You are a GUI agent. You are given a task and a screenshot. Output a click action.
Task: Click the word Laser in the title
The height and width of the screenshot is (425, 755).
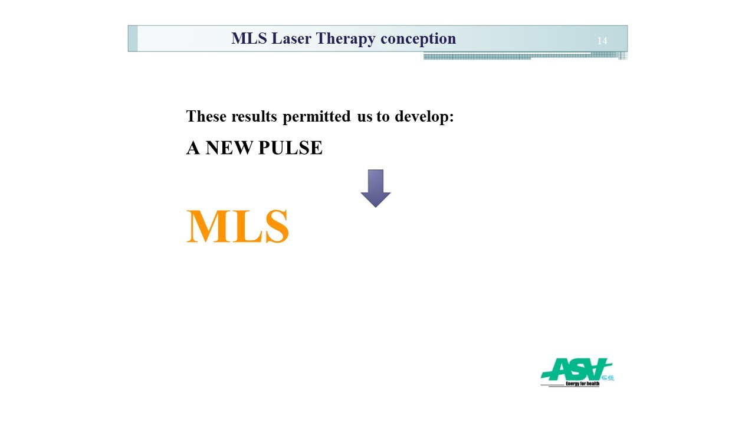pos(291,38)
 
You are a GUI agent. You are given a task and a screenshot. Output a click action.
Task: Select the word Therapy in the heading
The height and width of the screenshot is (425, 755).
pos(346,39)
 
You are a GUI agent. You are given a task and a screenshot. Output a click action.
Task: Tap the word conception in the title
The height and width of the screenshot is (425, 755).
pos(418,39)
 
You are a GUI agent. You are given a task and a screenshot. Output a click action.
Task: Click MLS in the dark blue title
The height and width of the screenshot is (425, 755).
pos(249,38)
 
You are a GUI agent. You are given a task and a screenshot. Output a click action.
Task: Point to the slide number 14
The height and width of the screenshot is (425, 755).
pos(602,41)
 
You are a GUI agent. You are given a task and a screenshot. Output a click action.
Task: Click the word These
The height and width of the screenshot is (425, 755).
pos(206,116)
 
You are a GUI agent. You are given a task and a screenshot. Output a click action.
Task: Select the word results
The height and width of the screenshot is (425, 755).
pos(254,116)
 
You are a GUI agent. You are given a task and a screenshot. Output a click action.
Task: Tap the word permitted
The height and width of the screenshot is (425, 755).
pos(317,117)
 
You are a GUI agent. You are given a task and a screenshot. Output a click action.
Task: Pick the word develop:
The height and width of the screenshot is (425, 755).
pos(424,117)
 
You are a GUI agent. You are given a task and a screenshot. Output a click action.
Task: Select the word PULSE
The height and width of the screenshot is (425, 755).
pos(290,148)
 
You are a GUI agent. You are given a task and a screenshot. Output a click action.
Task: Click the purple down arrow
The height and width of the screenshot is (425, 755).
pos(376,188)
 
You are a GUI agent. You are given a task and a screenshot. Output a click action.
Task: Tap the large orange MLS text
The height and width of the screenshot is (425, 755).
pos(238,226)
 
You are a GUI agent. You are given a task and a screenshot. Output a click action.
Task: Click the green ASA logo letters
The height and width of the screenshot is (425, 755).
pos(576,369)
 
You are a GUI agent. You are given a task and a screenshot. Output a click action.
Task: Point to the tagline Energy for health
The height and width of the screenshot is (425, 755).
pos(582,384)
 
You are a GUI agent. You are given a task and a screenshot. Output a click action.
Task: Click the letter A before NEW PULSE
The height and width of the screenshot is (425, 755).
pos(193,148)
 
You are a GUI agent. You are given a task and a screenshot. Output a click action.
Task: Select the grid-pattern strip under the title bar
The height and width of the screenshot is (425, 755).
pos(525,55)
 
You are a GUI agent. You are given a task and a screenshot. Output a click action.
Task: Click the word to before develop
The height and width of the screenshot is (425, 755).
pos(383,117)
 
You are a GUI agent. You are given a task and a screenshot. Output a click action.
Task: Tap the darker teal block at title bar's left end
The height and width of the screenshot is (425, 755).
pos(133,38)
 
